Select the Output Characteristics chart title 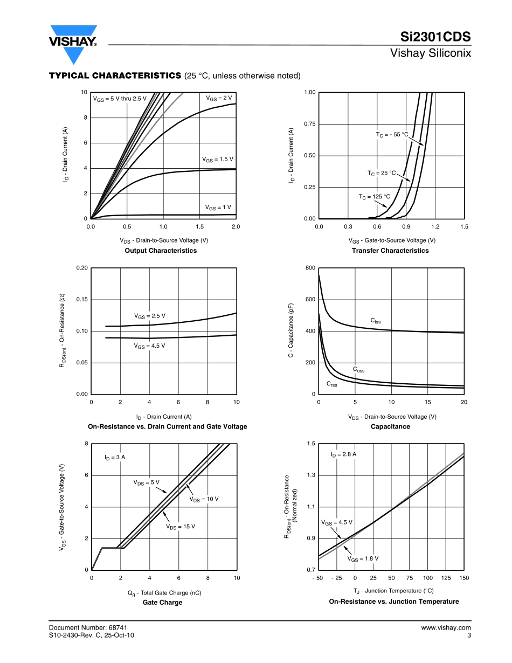click(x=161, y=251)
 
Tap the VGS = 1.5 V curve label click(x=217, y=160)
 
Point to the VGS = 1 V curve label click(x=218, y=208)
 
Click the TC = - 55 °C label click(x=392, y=135)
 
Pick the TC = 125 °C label click(x=375, y=197)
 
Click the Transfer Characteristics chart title click(x=390, y=251)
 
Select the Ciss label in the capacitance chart click(x=376, y=321)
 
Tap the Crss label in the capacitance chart click(x=331, y=384)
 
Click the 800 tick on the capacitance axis click(x=310, y=268)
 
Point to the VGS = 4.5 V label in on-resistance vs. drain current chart click(x=149, y=346)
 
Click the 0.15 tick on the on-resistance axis click(x=82, y=299)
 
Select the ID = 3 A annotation click(x=115, y=457)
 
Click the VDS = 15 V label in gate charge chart click(x=181, y=527)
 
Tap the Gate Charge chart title click(x=162, y=603)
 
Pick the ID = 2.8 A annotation click(x=343, y=454)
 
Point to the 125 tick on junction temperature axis click(x=446, y=578)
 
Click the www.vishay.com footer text click(x=446, y=627)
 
